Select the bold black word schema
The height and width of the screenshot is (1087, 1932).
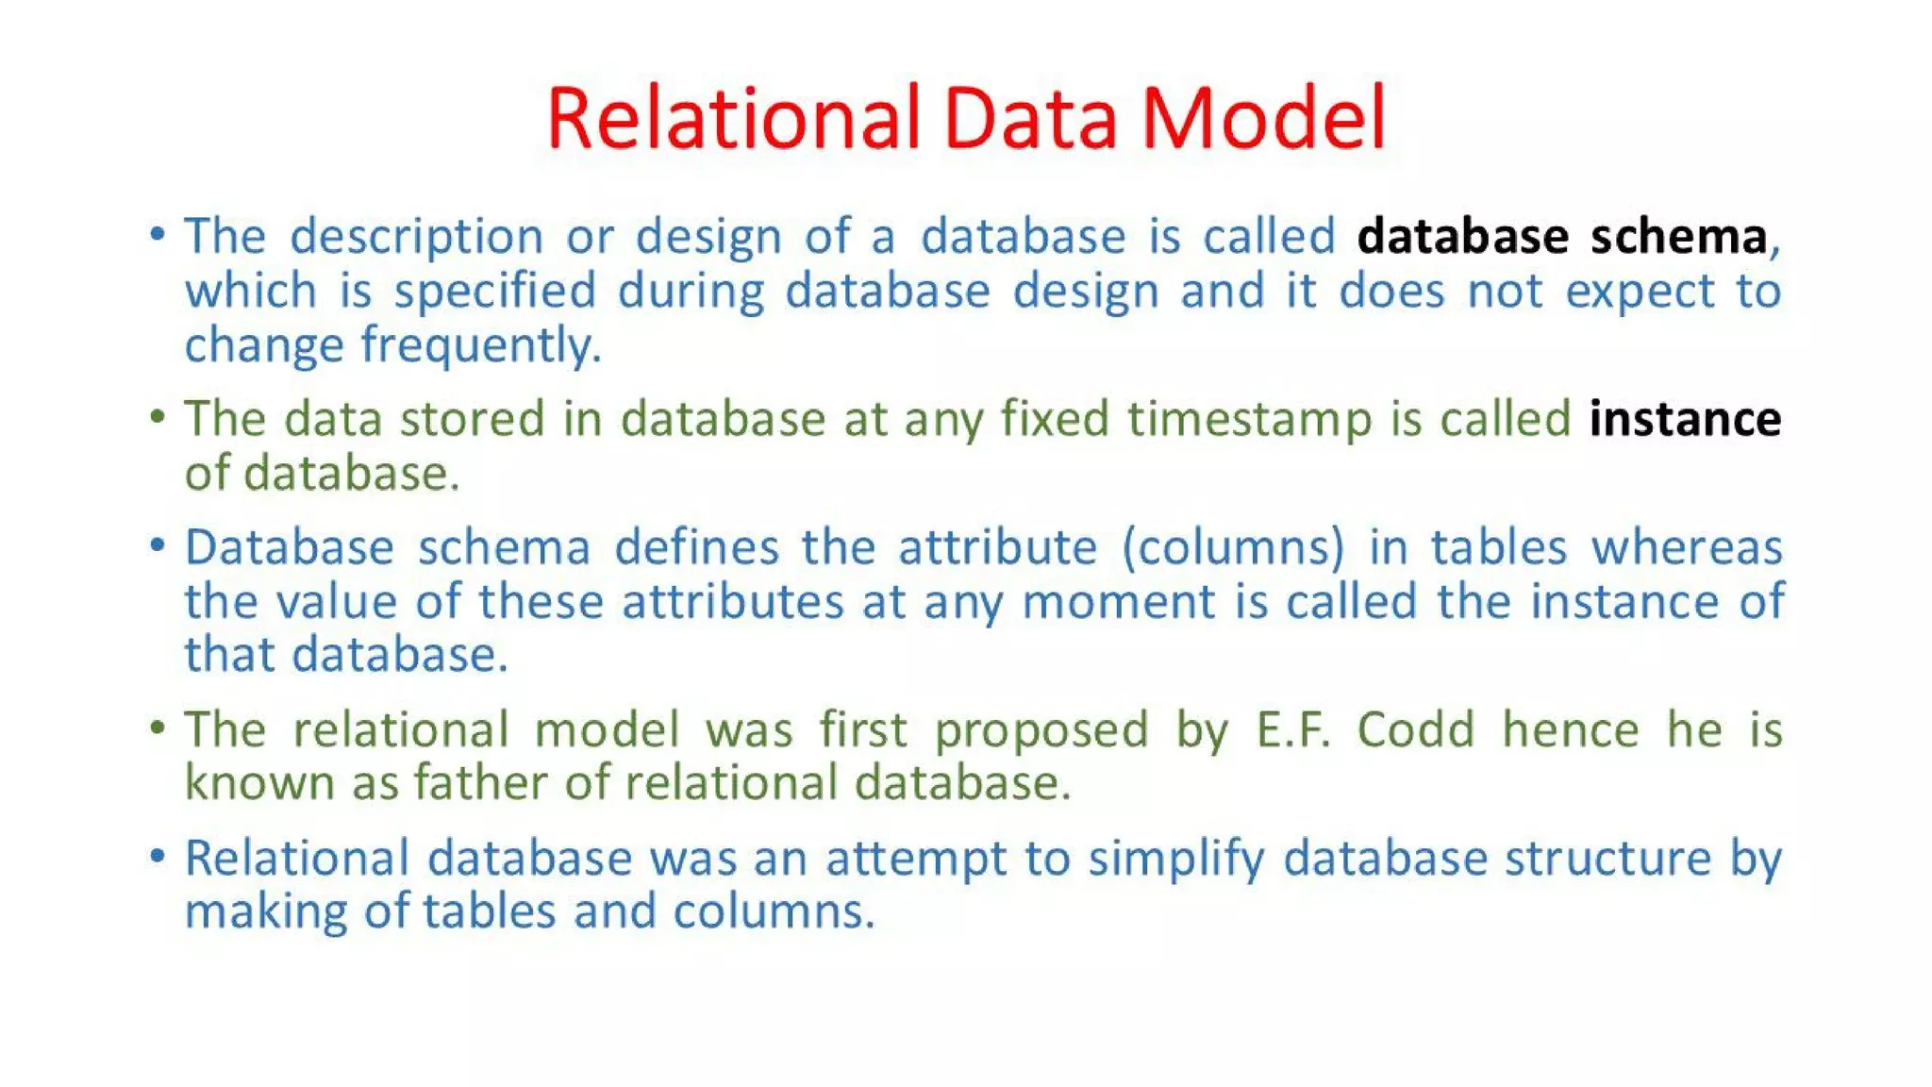tap(1678, 236)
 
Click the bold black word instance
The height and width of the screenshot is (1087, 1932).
tap(1685, 419)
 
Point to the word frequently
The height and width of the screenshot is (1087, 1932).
tap(481, 345)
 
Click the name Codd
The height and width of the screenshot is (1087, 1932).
tap(1415, 729)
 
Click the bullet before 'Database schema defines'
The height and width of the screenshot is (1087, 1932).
tap(158, 545)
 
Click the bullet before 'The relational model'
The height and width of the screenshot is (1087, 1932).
tap(158, 727)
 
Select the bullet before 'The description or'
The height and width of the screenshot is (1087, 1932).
tap(158, 234)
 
